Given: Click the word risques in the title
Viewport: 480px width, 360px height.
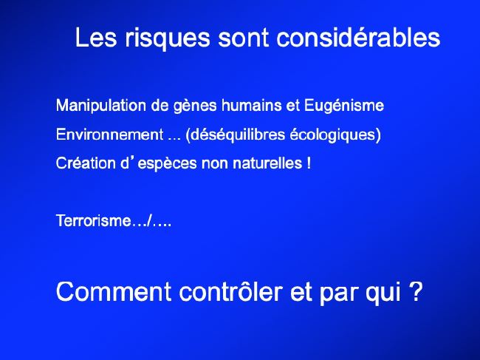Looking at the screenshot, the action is (167, 38).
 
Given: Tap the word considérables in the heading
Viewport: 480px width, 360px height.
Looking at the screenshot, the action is (358, 38).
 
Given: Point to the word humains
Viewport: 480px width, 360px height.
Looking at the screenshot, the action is (252, 106).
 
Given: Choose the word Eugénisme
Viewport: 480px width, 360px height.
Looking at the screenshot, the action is (344, 106).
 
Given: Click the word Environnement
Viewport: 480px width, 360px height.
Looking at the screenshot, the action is (109, 135).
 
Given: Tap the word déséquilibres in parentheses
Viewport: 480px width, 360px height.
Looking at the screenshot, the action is (235, 135).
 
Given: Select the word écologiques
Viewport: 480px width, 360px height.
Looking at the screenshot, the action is (333, 135).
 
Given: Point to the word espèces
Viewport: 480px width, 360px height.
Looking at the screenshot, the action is (167, 163).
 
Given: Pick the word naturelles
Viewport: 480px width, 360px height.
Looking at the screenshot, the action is (267, 163).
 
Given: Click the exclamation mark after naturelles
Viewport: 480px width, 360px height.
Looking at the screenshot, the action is (308, 163).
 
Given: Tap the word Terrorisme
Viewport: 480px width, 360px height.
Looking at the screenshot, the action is (94, 220).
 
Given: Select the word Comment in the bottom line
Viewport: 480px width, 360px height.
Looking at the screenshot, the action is (114, 292).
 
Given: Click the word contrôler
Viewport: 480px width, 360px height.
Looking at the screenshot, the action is (230, 291).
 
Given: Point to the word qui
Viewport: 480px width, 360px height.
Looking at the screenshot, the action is (383, 292).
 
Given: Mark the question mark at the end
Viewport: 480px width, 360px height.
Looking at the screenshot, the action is (416, 291).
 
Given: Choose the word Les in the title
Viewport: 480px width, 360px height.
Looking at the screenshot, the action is (96, 38).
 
